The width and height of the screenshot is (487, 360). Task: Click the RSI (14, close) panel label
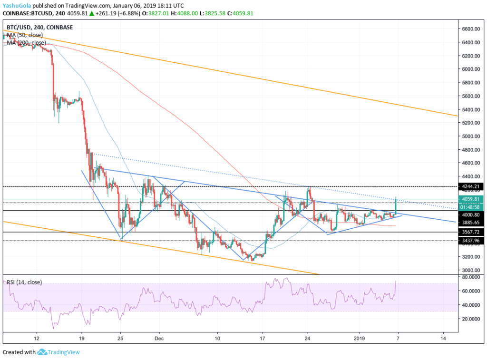click(x=24, y=282)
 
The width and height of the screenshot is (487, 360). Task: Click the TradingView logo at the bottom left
click(x=58, y=352)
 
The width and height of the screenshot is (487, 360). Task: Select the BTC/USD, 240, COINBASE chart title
click(x=40, y=27)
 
